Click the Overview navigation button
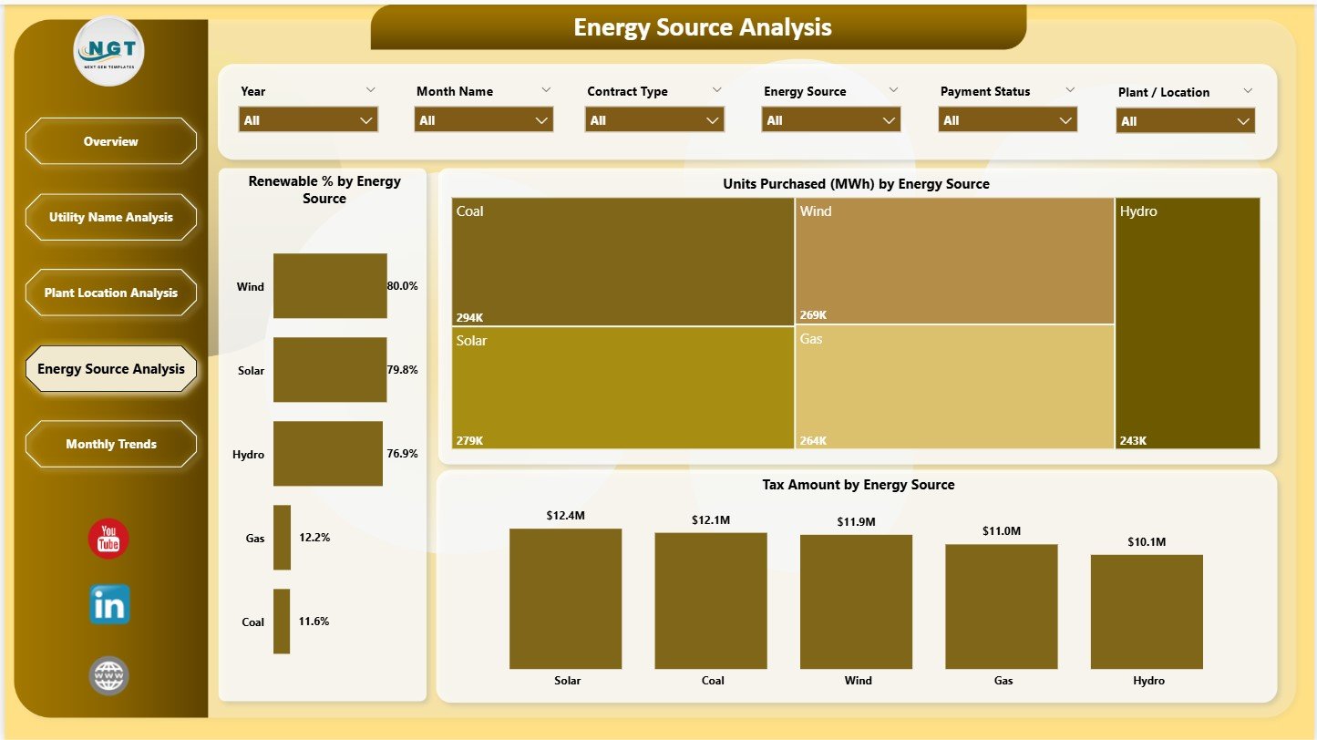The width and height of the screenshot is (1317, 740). point(110,141)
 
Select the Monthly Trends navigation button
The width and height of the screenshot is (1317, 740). point(110,444)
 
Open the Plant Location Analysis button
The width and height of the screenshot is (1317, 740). point(110,293)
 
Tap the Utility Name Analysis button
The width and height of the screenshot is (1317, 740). point(110,217)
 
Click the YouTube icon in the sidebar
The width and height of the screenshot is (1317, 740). point(108,539)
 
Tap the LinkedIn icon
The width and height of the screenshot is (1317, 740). point(109,605)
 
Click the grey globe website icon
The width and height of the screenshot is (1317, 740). point(109,676)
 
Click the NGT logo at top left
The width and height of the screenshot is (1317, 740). point(109,52)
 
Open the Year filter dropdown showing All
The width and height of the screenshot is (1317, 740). point(308,120)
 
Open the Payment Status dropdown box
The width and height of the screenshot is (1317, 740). point(1008,120)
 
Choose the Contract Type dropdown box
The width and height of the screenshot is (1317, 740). point(655,120)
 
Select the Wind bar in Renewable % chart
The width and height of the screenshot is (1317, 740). point(330,286)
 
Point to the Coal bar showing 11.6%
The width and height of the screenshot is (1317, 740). point(282,622)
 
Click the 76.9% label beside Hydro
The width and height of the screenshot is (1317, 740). point(402,454)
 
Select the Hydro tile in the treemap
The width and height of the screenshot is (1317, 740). point(1188,324)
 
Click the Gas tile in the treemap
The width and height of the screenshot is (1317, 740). point(954,386)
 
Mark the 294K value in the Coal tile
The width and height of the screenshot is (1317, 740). point(469,317)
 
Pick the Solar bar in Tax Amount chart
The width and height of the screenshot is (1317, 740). point(565,599)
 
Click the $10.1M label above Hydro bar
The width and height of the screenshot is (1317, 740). point(1147,542)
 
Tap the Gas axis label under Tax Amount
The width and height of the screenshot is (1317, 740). point(1002,681)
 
